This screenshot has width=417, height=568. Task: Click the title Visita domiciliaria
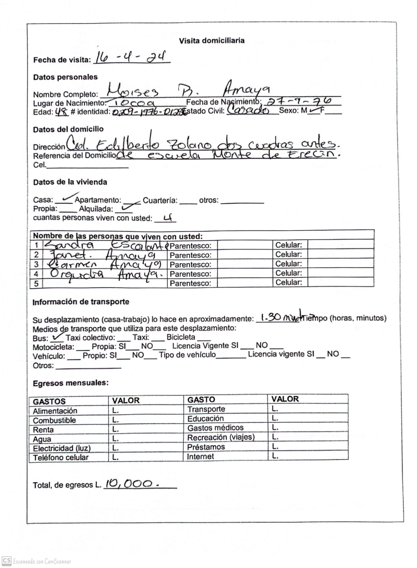(x=211, y=40)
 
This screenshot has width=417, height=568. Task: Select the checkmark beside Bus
(x=57, y=337)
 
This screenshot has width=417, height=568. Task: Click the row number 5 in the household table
(x=36, y=283)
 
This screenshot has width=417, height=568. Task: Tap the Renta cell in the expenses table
(x=44, y=430)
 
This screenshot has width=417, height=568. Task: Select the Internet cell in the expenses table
(x=200, y=457)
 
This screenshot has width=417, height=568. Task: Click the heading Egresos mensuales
(x=71, y=383)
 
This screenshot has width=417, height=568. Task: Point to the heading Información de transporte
(x=81, y=302)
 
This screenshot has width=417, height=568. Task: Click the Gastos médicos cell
(x=215, y=428)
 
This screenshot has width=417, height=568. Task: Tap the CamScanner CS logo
(x=6, y=561)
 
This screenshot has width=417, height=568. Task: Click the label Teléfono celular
(x=61, y=458)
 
